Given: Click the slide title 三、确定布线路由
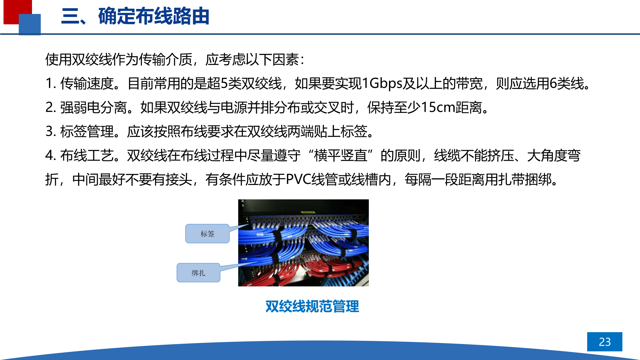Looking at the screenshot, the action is point(135,16).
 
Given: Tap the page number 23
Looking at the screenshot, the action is point(604,342).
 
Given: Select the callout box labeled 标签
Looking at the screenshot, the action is point(207,234).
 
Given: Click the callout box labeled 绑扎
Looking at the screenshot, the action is point(198,273).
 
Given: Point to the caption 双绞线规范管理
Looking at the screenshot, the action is point(312,306).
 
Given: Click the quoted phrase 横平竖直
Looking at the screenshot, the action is point(340,156).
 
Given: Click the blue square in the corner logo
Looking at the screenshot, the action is point(30,24).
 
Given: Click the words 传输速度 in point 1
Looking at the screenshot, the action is point(87,84).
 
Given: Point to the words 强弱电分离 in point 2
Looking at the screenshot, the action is point(93,108).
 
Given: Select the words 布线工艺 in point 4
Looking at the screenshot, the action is point(87,156).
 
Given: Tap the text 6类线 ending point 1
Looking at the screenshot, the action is point(567,84).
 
